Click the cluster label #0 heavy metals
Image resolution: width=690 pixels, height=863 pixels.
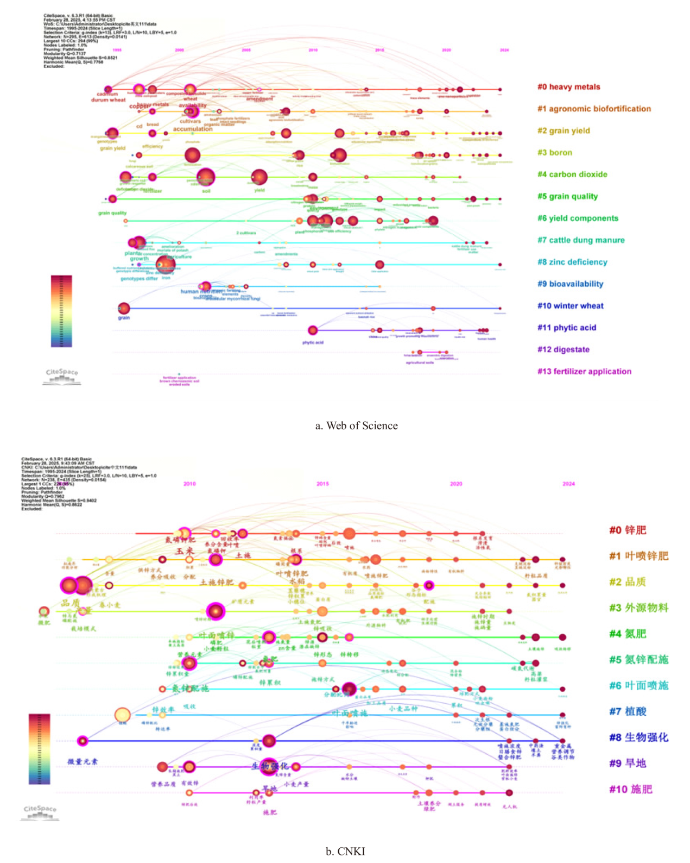pyautogui.click(x=568, y=87)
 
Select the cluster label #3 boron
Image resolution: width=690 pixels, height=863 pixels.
pyautogui.click(x=554, y=153)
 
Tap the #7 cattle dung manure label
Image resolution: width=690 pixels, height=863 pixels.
pyautogui.click(x=581, y=240)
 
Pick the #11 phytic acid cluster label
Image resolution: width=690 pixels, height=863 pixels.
pyautogui.click(x=567, y=328)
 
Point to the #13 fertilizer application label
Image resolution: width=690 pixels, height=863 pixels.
pyautogui.click(x=584, y=372)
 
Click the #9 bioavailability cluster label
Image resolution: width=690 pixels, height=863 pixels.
pyautogui.click(x=570, y=284)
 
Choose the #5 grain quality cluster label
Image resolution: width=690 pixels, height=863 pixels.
pyautogui.click(x=567, y=196)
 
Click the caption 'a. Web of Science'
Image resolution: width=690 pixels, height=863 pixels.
pyautogui.click(x=356, y=426)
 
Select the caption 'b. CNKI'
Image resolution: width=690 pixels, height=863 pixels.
pyautogui.click(x=345, y=851)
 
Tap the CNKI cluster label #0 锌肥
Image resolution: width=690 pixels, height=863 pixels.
pyautogui.click(x=628, y=530)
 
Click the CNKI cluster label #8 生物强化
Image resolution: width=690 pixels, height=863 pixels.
pyautogui.click(x=638, y=737)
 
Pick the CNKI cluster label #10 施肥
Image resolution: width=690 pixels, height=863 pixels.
pyautogui.click(x=630, y=789)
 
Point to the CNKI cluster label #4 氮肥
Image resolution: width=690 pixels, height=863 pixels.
pyautogui.click(x=628, y=634)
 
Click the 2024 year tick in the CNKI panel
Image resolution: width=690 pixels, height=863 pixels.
pyautogui.click(x=568, y=484)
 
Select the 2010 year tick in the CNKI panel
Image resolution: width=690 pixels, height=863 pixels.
pyautogui.click(x=189, y=484)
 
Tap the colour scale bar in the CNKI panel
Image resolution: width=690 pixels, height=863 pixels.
pyautogui.click(x=39, y=749)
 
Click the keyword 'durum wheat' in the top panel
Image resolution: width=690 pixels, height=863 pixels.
pyautogui.click(x=108, y=100)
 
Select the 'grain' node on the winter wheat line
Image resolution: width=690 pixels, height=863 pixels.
pyautogui.click(x=124, y=309)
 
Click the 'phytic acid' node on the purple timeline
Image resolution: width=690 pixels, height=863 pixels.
pyautogui.click(x=313, y=330)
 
